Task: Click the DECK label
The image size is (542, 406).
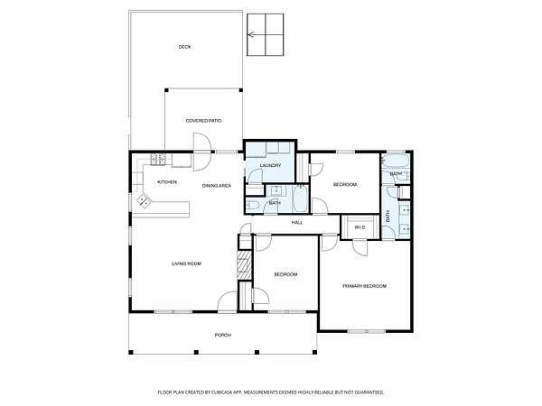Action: pyautogui.click(x=184, y=47)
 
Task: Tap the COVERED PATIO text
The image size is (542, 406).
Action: pyautogui.click(x=203, y=121)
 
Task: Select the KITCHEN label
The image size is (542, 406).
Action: pyautogui.click(x=167, y=182)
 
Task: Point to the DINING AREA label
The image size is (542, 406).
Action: pyautogui.click(x=217, y=186)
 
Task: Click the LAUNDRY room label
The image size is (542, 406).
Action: pyautogui.click(x=270, y=165)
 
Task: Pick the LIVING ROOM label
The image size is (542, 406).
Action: pyautogui.click(x=186, y=263)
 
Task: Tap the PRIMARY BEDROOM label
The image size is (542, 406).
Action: pyautogui.click(x=364, y=286)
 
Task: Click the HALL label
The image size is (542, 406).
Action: pyautogui.click(x=297, y=223)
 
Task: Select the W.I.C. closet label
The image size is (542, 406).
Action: pyautogui.click(x=360, y=227)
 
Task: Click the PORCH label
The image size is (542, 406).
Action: pyautogui.click(x=223, y=335)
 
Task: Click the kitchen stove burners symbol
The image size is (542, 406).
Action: pyautogui.click(x=157, y=159)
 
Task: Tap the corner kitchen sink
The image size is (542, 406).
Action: pyautogui.click(x=144, y=201)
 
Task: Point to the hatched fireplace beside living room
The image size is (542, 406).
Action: pyautogui.click(x=245, y=265)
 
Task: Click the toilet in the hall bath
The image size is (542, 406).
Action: pyautogui.click(x=253, y=206)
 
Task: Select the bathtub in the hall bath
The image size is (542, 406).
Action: pyautogui.click(x=301, y=198)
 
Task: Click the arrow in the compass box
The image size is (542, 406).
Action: pyautogui.click(x=251, y=34)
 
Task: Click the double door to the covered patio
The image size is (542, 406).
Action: pyautogui.click(x=201, y=152)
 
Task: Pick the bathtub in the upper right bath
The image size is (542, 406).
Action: pyautogui.click(x=397, y=161)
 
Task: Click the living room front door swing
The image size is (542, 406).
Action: pyautogui.click(x=227, y=302)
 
